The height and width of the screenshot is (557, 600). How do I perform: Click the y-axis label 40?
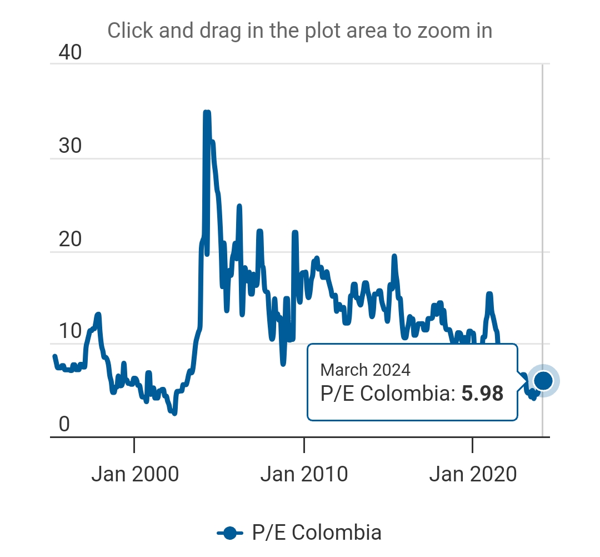click(70, 53)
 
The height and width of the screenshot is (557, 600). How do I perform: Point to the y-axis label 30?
click(70, 146)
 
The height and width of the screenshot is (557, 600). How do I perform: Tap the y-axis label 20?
click(70, 240)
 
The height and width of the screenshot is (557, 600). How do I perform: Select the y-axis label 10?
click(70, 332)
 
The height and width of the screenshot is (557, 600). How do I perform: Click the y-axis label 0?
click(64, 425)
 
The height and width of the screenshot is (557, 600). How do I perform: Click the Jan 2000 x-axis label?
click(135, 474)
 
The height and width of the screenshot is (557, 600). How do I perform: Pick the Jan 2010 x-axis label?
click(304, 474)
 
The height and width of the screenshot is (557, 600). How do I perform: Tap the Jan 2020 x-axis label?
click(473, 474)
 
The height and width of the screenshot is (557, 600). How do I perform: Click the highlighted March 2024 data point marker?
click(543, 381)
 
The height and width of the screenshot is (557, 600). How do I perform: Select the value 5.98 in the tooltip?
click(483, 394)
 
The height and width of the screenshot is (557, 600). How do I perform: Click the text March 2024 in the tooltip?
click(366, 370)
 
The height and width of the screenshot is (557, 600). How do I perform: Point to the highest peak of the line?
click(206, 113)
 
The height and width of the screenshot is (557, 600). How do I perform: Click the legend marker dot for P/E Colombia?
click(230, 533)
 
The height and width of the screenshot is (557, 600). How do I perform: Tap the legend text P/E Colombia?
click(317, 533)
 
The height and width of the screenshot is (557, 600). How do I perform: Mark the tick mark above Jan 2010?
click(304, 444)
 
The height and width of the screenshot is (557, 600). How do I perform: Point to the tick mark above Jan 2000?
click(134, 444)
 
